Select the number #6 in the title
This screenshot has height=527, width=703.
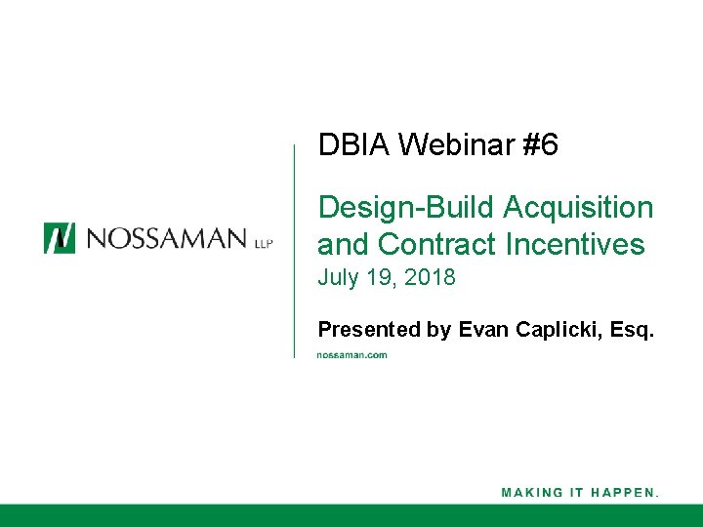point(540,146)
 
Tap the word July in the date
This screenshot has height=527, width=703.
point(337,278)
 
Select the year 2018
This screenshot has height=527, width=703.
point(430,278)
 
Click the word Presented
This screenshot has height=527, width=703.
point(369,330)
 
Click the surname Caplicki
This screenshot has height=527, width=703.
point(558,330)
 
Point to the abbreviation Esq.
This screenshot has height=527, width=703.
point(633,330)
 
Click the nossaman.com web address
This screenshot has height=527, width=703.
point(352,355)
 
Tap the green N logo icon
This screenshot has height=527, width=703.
point(59,238)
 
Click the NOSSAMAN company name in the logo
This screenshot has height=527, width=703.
point(164,238)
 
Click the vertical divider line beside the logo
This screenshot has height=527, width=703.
point(294,250)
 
